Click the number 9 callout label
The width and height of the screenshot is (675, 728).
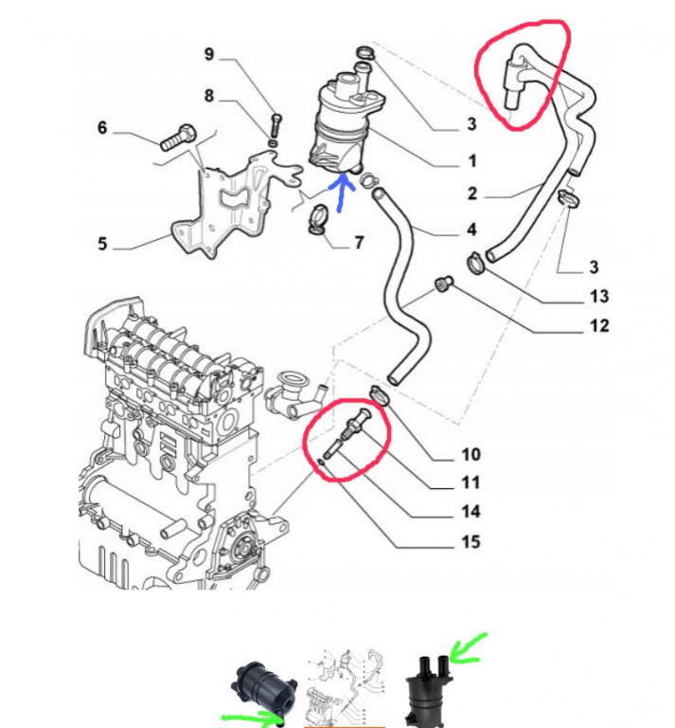click(x=210, y=55)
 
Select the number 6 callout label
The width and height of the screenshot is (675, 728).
click(x=102, y=128)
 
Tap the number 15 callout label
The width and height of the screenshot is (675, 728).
click(x=471, y=542)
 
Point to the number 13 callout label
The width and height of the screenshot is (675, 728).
click(x=598, y=297)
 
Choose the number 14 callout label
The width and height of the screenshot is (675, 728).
click(x=471, y=512)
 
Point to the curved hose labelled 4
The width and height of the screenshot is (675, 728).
click(x=407, y=284)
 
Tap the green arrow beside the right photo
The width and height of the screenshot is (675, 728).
click(x=466, y=649)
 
